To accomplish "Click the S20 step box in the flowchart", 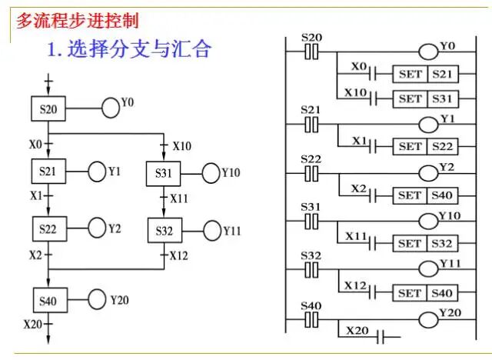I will click(x=48, y=109).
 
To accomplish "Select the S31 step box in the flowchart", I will click(x=163, y=173).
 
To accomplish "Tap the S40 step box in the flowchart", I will click(x=48, y=299).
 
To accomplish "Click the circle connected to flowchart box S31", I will click(x=211, y=173).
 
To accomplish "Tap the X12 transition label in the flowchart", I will click(x=178, y=255).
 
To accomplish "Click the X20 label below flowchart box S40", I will click(x=32, y=324).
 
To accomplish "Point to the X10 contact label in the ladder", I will click(x=354, y=92).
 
